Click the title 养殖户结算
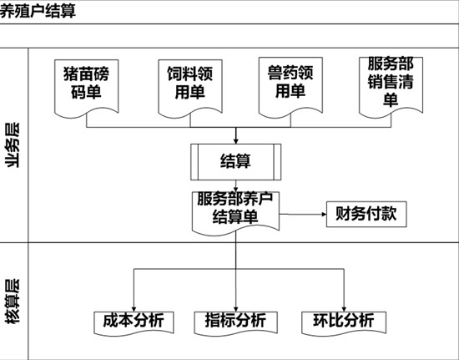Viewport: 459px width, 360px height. click(38, 12)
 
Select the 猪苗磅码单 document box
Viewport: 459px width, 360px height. click(86, 88)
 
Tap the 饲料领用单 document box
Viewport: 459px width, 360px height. click(190, 88)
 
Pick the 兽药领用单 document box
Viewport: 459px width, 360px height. click(290, 87)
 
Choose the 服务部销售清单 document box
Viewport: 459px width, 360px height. click(391, 87)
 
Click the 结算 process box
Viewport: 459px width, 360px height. click(235, 162)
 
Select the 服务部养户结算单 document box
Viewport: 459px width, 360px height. click(235, 213)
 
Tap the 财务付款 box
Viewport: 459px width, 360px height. click(366, 214)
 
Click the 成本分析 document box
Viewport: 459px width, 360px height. click(134, 322)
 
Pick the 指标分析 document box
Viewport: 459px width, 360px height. click(235, 322)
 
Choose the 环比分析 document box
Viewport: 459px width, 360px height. click(344, 322)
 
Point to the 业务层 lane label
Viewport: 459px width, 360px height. click(13, 145)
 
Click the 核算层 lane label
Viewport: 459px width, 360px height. click(13, 301)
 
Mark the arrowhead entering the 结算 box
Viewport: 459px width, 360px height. click(235, 141)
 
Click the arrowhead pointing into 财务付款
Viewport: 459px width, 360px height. click(324, 215)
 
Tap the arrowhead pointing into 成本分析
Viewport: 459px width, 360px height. click(134, 309)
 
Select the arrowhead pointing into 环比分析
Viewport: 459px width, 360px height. click(344, 309)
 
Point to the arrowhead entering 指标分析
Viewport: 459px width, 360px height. click(235, 309)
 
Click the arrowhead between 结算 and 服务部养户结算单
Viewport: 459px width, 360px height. click(235, 190)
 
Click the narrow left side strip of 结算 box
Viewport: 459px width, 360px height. click(194, 162)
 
